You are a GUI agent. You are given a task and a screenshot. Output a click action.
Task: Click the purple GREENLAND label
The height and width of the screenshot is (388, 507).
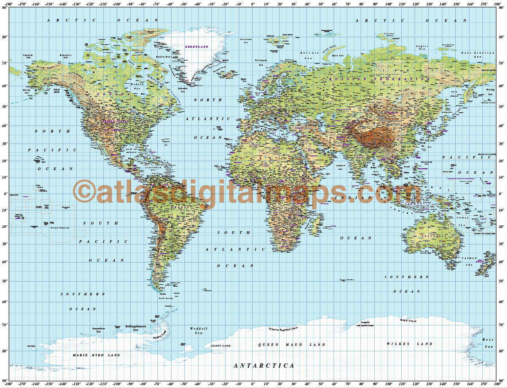(x=197, y=47)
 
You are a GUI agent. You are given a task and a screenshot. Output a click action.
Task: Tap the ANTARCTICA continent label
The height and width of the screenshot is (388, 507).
(x=264, y=366)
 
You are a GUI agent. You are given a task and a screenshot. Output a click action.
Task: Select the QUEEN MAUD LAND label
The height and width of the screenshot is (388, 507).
(x=292, y=345)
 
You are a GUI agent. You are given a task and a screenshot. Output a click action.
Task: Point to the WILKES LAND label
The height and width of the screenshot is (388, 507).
(x=410, y=344)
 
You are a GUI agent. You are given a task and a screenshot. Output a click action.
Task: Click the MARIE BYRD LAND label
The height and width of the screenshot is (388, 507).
(x=96, y=355)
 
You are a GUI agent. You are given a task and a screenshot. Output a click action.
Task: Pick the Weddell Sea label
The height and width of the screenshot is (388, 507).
(x=198, y=331)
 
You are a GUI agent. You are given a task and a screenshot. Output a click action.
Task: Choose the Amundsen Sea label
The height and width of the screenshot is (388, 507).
(x=99, y=330)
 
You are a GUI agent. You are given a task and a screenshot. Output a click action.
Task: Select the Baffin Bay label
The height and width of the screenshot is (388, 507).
(x=163, y=57)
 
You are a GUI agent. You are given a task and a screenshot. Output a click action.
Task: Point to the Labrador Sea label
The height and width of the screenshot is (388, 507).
(x=182, y=90)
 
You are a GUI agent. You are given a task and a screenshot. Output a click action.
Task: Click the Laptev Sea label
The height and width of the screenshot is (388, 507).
(x=422, y=48)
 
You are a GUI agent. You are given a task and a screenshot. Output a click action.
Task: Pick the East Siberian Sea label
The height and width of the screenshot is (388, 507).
(x=478, y=54)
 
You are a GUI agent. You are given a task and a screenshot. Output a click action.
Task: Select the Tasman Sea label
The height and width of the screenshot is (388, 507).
(x=469, y=261)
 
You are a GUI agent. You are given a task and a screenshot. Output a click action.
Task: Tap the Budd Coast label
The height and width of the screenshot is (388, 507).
(x=408, y=321)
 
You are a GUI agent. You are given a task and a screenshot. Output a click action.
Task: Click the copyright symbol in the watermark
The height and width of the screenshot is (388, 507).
(x=84, y=192)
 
